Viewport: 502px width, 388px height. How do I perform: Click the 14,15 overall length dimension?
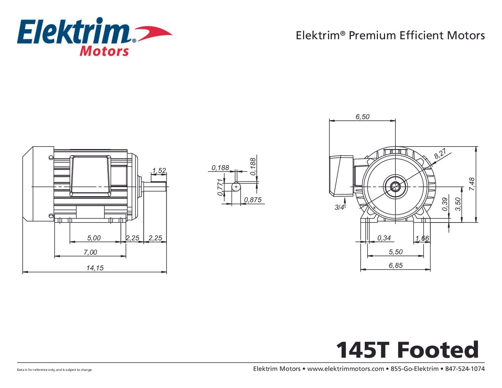tap(95, 268)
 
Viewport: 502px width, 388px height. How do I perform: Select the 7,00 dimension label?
tap(90, 252)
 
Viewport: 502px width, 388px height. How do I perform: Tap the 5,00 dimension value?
tap(94, 238)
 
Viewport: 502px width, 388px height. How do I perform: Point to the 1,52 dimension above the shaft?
tap(159, 171)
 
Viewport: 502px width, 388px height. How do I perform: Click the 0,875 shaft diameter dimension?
tap(253, 200)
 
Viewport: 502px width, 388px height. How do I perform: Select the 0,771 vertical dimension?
tap(220, 187)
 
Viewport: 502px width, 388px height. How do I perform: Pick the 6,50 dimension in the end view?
tap(363, 117)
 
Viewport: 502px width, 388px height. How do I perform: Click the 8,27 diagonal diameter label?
tap(440, 154)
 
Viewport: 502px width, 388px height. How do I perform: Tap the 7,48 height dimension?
tap(472, 184)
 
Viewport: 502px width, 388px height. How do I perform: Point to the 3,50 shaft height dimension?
tap(459, 204)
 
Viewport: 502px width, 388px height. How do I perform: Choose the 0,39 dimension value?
tap(445, 204)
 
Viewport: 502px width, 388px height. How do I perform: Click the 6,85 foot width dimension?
tap(396, 265)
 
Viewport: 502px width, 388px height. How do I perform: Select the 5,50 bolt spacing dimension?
tap(396, 252)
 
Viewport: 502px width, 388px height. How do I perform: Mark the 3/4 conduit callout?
tap(339, 207)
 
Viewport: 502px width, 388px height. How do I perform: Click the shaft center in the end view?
tap(395, 187)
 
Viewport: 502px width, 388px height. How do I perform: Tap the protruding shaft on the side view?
tap(155, 187)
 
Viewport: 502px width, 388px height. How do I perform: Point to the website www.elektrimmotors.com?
tap(345, 369)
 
